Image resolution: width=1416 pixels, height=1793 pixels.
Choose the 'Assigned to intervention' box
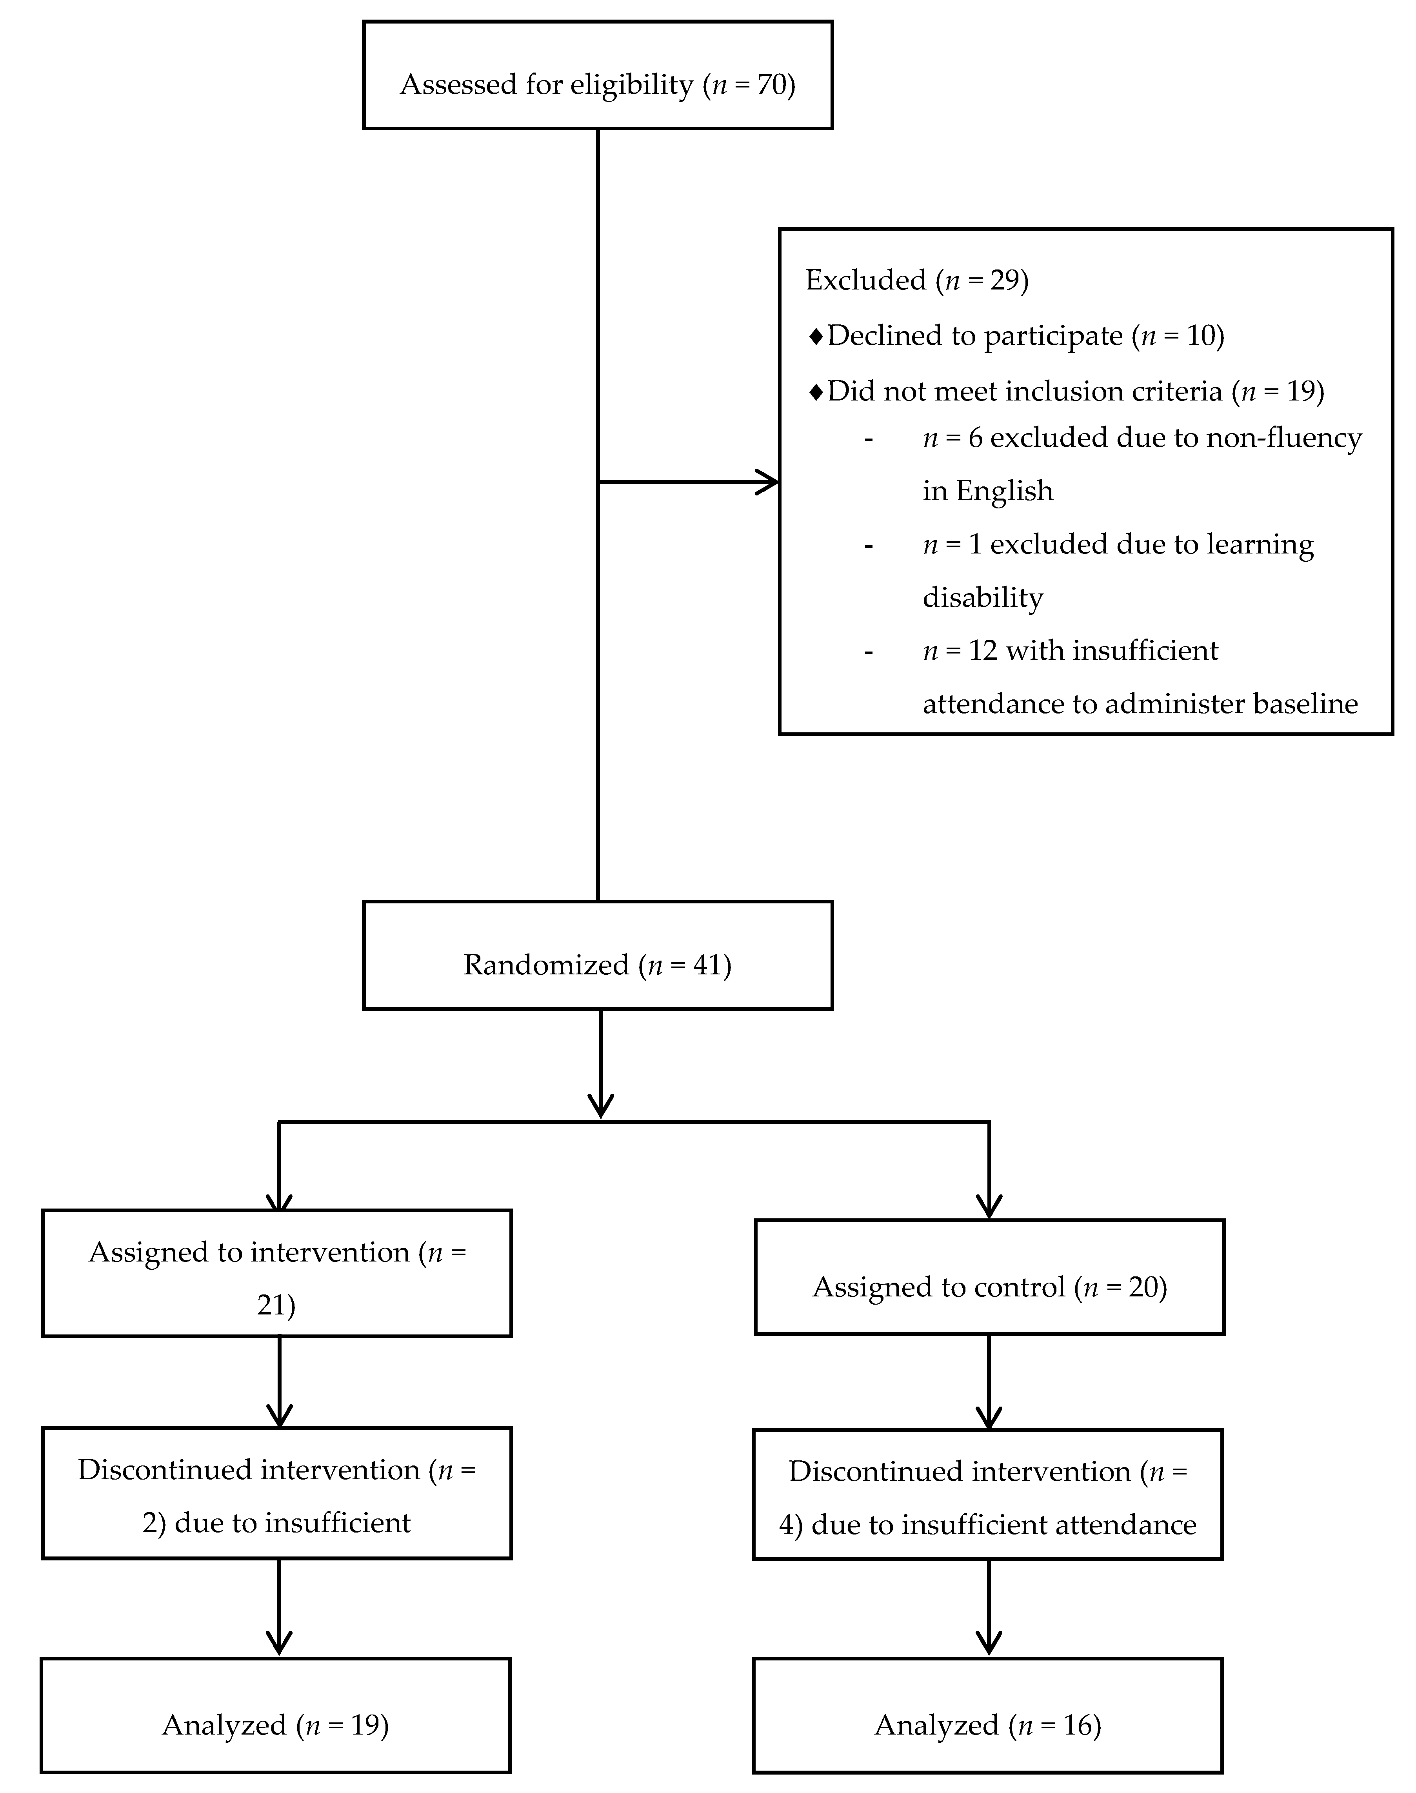pyautogui.click(x=277, y=1273)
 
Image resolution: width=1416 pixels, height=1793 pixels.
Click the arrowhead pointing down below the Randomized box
pyautogui.click(x=600, y=1105)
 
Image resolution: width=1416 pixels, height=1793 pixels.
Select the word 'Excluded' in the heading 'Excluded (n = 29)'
pyautogui.click(x=865, y=280)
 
